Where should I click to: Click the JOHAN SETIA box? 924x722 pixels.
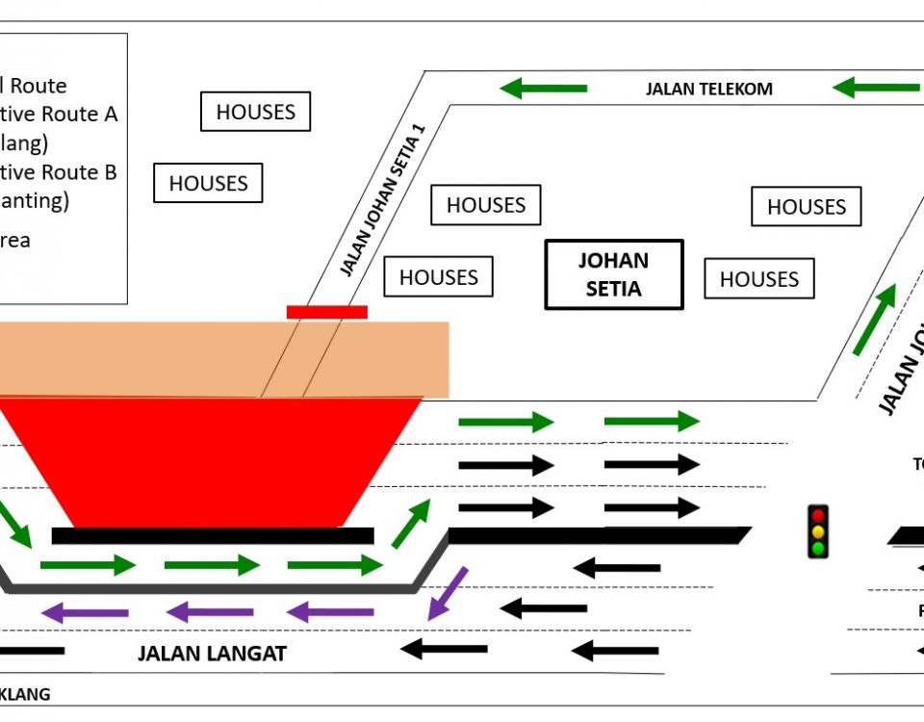[x=613, y=274]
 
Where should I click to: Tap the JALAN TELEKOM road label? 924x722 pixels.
[x=708, y=90]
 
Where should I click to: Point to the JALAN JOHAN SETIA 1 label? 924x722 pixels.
[x=382, y=200]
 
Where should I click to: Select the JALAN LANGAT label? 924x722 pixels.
[x=212, y=655]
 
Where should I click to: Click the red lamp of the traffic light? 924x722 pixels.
[x=818, y=515]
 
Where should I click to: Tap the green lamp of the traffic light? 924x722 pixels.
[x=818, y=548]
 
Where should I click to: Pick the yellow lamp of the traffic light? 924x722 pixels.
[x=818, y=531]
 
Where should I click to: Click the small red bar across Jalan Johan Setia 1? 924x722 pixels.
[x=327, y=312]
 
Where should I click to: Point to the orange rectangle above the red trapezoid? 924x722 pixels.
[x=221, y=359]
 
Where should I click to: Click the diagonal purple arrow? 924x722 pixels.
[x=448, y=593]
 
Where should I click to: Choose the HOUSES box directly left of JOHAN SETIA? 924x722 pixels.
[x=438, y=277]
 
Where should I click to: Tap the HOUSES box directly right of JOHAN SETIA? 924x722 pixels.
[x=758, y=279]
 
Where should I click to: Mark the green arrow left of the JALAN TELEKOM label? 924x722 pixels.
[x=543, y=89]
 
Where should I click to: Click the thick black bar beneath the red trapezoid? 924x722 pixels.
[x=212, y=536]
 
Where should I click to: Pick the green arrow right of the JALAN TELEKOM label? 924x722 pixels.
[x=875, y=88]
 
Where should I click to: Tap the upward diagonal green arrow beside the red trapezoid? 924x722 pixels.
[x=411, y=524]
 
